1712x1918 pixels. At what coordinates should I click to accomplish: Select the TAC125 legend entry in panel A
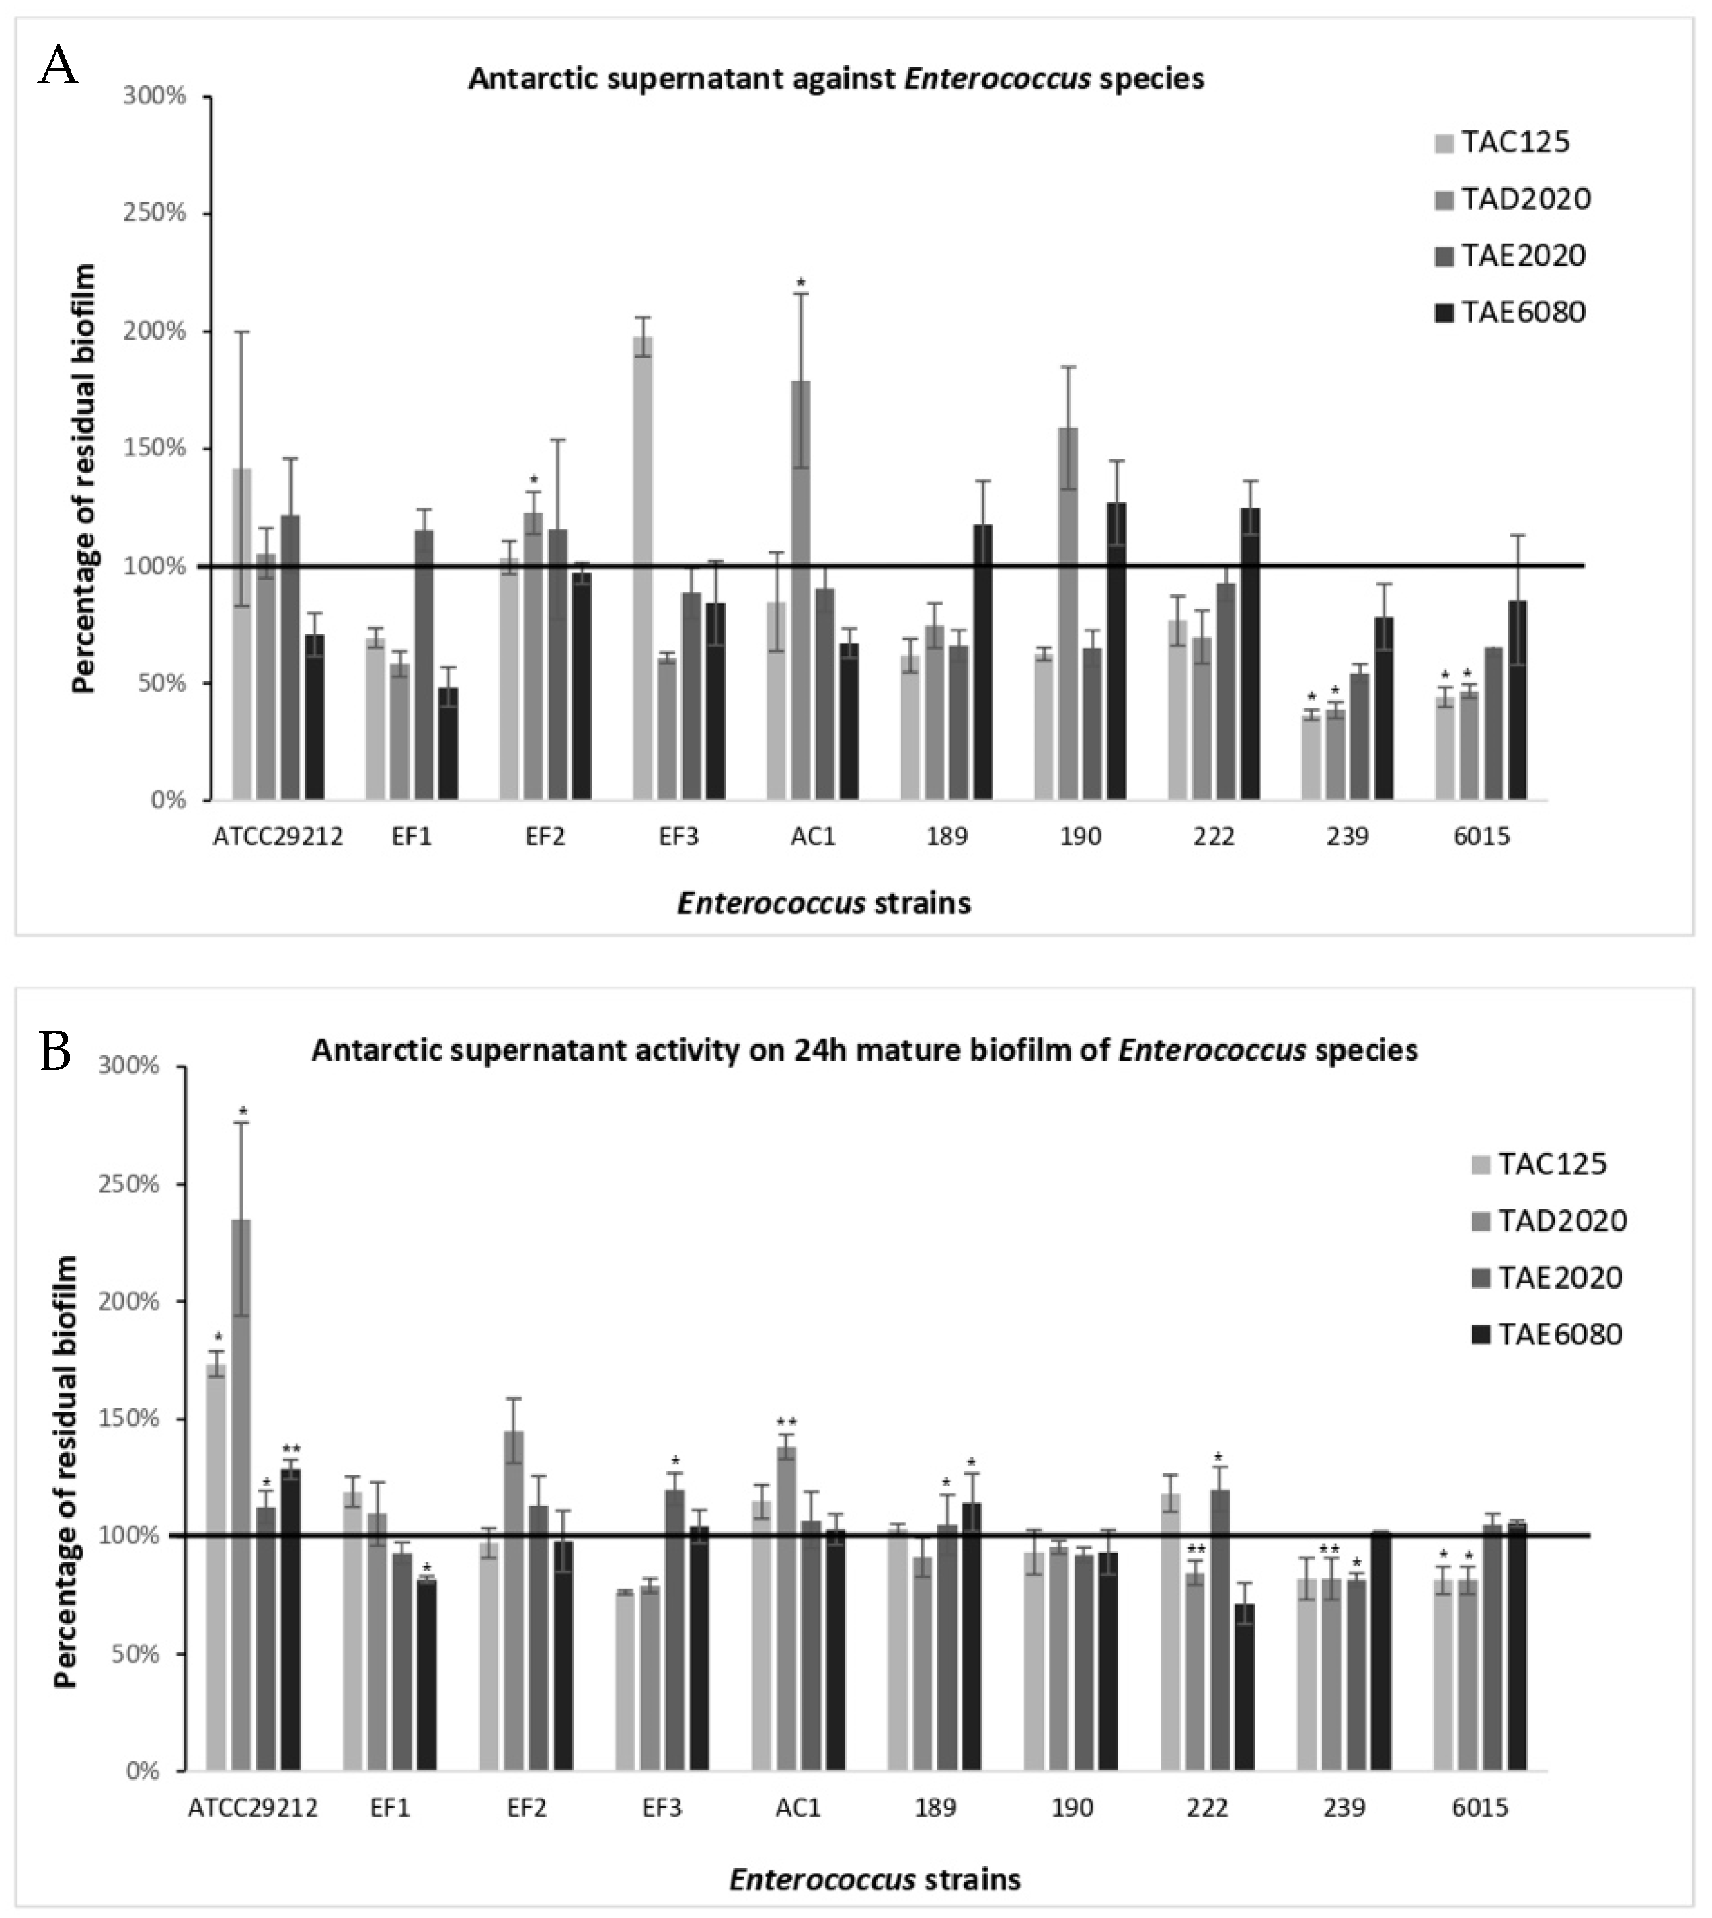coord(1502,142)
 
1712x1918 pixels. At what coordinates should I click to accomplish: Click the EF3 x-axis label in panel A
coord(678,836)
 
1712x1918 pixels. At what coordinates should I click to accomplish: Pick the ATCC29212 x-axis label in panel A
coord(278,836)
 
